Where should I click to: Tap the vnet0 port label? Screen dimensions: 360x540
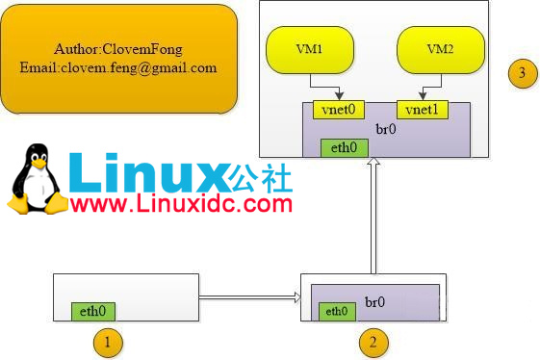pos(337,109)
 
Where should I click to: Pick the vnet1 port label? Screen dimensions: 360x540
pos(421,109)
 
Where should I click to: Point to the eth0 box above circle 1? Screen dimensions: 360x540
pos(93,311)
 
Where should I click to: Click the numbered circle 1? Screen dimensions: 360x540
pos(109,341)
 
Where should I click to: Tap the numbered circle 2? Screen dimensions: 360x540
pos(373,341)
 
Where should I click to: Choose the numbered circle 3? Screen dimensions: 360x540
pos(522,73)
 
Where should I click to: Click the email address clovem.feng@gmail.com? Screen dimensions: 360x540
pos(118,68)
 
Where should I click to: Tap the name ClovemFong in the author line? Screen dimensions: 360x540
pos(150,47)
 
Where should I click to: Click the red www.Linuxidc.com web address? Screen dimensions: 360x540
pos(181,203)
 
